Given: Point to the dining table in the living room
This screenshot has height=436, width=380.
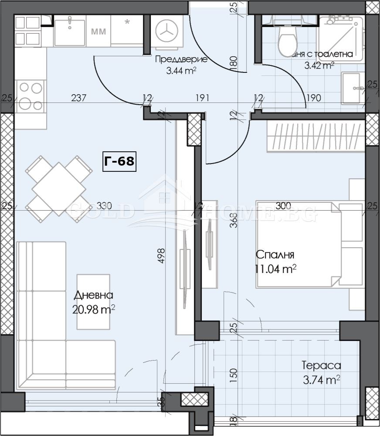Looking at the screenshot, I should (x=59, y=189).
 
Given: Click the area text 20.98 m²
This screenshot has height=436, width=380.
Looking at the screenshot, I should (x=94, y=310).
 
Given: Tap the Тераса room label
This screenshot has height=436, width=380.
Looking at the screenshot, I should (x=321, y=365).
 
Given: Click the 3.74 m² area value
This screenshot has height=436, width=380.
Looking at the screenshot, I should (x=321, y=380).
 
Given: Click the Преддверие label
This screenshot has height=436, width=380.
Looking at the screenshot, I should (x=181, y=60).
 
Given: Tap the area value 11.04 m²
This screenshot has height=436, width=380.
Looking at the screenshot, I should (x=275, y=269).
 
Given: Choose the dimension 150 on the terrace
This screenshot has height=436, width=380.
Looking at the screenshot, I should (x=233, y=375).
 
